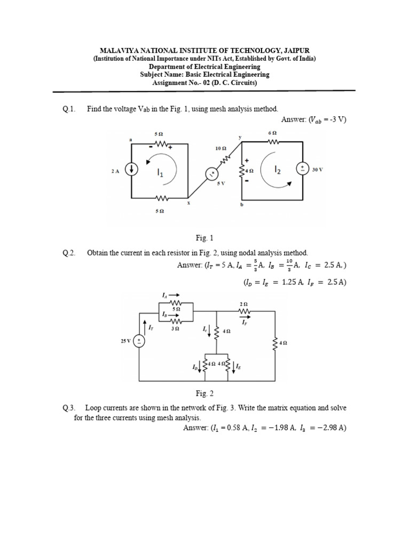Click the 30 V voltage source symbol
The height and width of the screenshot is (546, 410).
tap(303, 169)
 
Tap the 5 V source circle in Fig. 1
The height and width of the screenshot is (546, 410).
tap(212, 173)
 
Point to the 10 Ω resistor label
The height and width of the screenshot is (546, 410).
tap(220, 148)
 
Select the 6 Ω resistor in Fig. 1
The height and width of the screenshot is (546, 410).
tap(273, 142)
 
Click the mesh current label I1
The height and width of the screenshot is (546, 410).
tap(160, 172)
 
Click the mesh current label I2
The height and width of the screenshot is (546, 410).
tap(277, 170)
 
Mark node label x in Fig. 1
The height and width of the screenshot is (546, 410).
tap(188, 203)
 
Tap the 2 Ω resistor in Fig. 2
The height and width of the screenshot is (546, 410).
tap(245, 312)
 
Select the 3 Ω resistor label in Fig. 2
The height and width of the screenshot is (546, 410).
tap(175, 330)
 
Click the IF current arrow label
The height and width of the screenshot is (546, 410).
tap(244, 322)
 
